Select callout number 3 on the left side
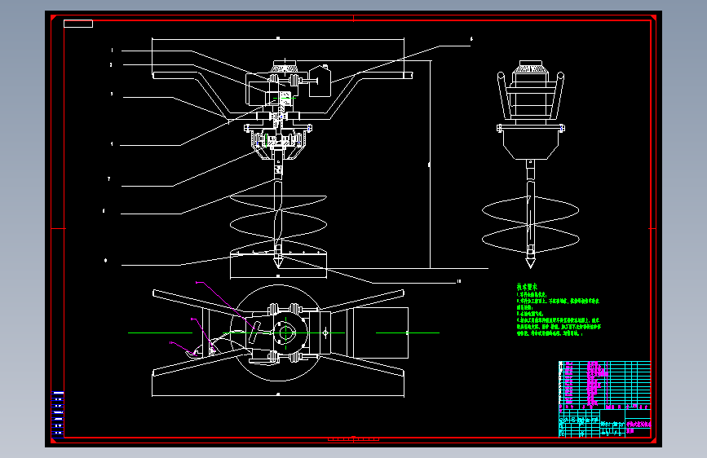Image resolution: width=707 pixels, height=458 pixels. coord(112,94)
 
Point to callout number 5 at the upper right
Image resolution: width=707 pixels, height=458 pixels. coord(471,38)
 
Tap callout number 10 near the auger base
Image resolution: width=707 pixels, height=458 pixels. coord(459,282)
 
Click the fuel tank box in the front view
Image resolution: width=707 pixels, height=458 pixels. coord(321,79)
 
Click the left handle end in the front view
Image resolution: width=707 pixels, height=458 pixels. coord(157,76)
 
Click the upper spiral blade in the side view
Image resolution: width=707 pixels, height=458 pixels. coord(531,209)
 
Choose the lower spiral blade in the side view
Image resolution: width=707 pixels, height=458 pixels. coord(531,238)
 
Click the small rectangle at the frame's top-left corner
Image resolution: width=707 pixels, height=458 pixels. coord(77,24)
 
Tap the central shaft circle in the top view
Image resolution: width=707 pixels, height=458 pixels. coord(285,332)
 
